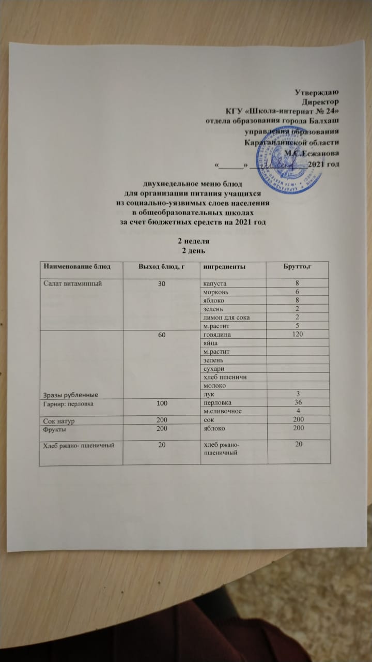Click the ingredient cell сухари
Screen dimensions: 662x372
pyautogui.click(x=214, y=368)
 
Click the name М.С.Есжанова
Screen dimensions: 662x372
pyautogui.click(x=312, y=153)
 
